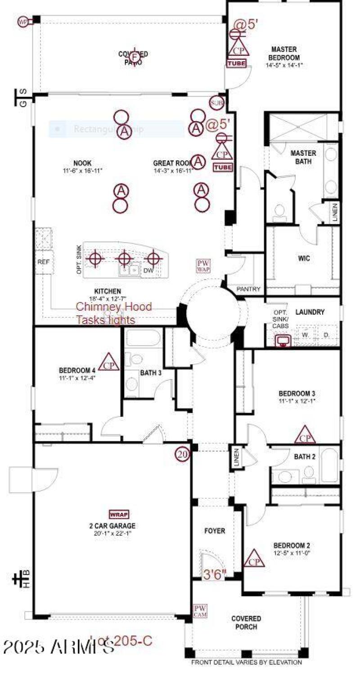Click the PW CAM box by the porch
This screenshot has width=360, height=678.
pos(200,611)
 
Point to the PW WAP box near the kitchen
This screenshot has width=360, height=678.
pos(203,266)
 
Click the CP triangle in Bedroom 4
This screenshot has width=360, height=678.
pos(109,363)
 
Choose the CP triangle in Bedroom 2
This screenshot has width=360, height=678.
pos(254,559)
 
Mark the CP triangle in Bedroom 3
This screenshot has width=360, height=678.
pos(305,435)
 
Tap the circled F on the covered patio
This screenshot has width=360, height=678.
pos(134,57)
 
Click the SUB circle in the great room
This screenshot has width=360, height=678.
pos(216,103)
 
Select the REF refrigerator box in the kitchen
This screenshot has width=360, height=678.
pos(43,262)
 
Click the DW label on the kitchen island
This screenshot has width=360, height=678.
pos(148,270)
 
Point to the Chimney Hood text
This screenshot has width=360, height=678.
pos(113,307)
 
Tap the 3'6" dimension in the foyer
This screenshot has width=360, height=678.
pos(215,574)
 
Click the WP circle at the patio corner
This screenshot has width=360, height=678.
pos(23,22)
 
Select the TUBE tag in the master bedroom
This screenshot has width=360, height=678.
pos(236,63)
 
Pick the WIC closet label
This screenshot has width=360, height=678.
pos(304,258)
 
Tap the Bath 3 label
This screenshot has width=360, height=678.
pos(151,373)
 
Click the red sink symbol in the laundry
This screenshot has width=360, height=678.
pos(283,340)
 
